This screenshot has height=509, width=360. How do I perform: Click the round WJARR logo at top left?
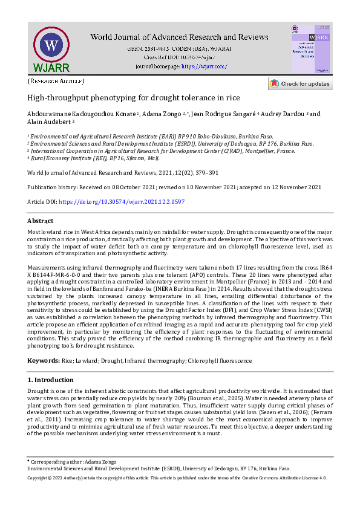tap(51, 46)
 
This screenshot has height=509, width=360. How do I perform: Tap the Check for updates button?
tap(299, 84)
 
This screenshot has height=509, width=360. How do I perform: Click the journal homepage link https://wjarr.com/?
tap(204, 66)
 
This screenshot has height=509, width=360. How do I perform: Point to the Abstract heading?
tap(41, 221)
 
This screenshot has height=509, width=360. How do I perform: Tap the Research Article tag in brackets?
tap(56, 80)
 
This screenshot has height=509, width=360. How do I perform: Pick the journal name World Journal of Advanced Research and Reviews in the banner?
tap(180, 37)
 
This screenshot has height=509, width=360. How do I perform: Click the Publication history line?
tap(174, 187)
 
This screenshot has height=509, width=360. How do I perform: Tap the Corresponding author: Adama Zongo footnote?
tap(66, 462)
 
